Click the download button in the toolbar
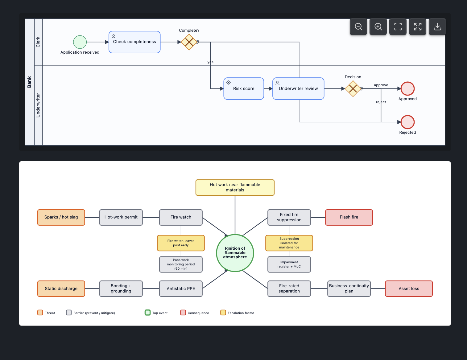click(x=437, y=27)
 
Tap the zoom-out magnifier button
click(x=358, y=27)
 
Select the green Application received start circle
click(x=80, y=42)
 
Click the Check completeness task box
click(x=134, y=42)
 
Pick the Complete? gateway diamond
click(x=189, y=42)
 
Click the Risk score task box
click(x=244, y=89)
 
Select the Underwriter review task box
click(x=298, y=89)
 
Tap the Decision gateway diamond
click(x=353, y=89)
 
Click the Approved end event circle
click(x=407, y=88)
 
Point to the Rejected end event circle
click(x=407, y=122)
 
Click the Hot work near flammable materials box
click(x=235, y=187)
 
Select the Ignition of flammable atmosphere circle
click(x=235, y=253)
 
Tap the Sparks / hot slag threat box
click(x=61, y=217)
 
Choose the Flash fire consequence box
click(x=349, y=217)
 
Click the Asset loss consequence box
click(x=409, y=288)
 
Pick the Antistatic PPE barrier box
click(x=181, y=288)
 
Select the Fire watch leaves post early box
click(x=181, y=243)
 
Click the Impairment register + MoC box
click(x=289, y=264)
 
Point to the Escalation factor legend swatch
click(x=223, y=313)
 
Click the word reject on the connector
click(x=381, y=102)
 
